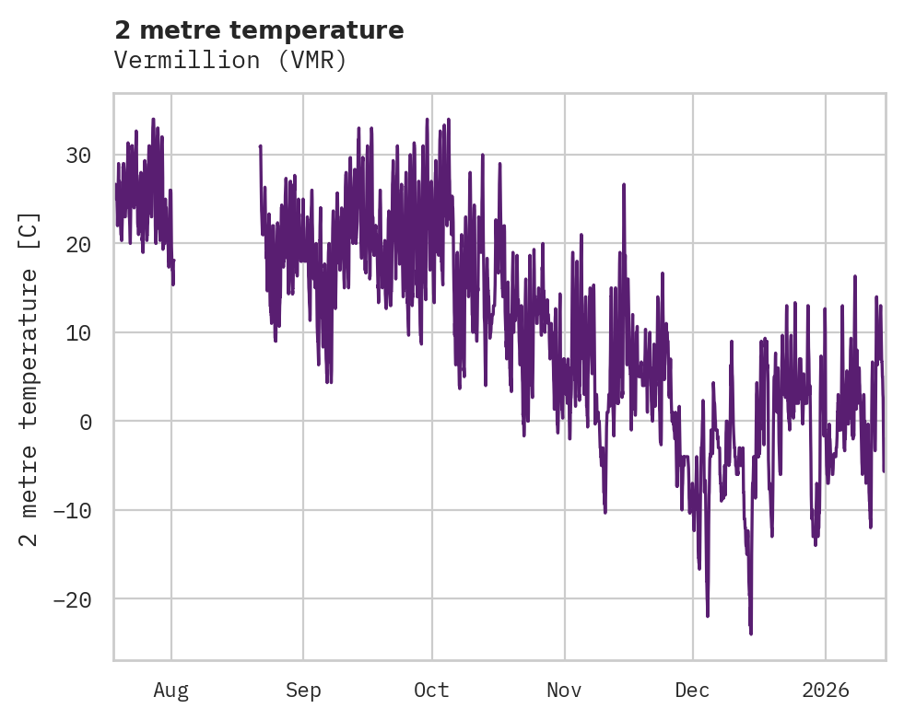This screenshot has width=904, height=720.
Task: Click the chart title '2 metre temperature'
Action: click(259, 30)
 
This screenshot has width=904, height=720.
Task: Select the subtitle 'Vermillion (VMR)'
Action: click(230, 61)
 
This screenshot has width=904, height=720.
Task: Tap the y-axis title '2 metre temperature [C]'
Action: click(29, 378)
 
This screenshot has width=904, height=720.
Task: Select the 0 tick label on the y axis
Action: click(85, 422)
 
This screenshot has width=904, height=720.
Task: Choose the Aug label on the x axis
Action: click(170, 691)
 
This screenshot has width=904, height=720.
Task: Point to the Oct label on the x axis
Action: click(431, 691)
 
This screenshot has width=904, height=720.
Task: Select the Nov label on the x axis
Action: click(564, 691)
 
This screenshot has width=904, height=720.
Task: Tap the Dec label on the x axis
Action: click(692, 691)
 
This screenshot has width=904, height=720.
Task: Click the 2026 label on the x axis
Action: click(826, 691)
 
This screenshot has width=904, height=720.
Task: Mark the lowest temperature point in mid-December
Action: click(751, 633)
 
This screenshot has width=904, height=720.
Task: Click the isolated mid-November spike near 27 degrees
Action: click(624, 185)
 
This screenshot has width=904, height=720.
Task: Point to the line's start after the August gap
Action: click(260, 146)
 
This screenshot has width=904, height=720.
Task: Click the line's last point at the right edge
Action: click(884, 470)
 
